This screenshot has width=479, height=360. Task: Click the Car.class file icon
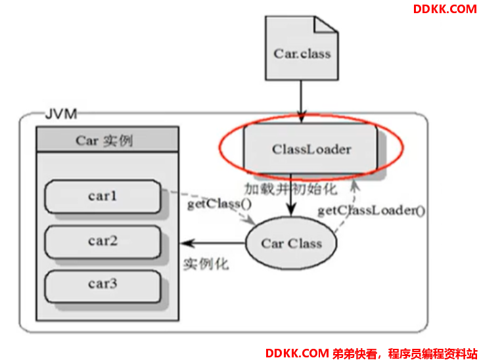click(x=302, y=49)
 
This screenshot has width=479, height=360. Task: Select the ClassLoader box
click(x=311, y=148)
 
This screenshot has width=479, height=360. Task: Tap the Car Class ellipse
click(x=291, y=243)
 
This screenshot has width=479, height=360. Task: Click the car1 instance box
click(x=103, y=196)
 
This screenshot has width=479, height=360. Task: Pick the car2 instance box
click(x=103, y=242)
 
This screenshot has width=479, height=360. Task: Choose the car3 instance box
click(x=103, y=286)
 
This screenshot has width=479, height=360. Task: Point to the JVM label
click(x=61, y=114)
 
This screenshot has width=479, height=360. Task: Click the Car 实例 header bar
click(x=107, y=139)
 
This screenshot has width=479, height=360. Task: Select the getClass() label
click(x=219, y=204)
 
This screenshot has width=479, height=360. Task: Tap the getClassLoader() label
click(x=371, y=210)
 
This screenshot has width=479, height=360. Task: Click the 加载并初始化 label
click(x=291, y=189)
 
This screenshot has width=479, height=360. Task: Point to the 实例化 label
click(x=206, y=264)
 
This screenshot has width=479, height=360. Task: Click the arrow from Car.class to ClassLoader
click(x=301, y=102)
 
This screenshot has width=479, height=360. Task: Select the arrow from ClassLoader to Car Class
click(x=291, y=195)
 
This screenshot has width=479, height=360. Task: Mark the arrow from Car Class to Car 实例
click(x=213, y=243)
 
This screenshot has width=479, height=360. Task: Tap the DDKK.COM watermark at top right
click(x=445, y=9)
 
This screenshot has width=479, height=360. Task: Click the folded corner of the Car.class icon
click(x=326, y=24)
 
